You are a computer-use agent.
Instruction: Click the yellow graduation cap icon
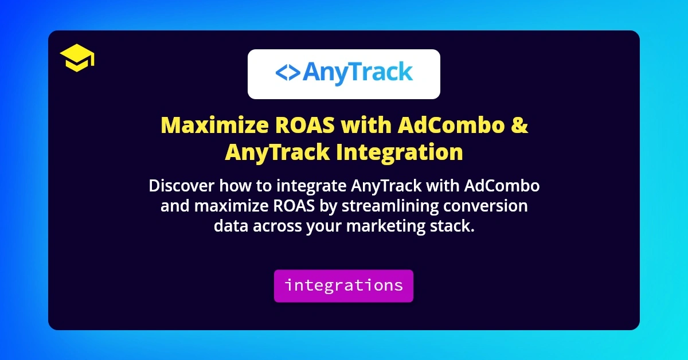point(77,59)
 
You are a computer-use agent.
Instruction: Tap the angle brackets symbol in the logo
point(287,73)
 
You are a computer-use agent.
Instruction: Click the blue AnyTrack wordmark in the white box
point(357,73)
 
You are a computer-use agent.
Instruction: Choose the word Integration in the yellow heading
point(399,152)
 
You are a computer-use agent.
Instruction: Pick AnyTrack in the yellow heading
point(277,152)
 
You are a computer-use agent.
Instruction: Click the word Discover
point(179,186)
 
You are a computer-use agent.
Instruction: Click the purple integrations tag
point(343,285)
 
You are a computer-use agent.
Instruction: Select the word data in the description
point(230,226)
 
